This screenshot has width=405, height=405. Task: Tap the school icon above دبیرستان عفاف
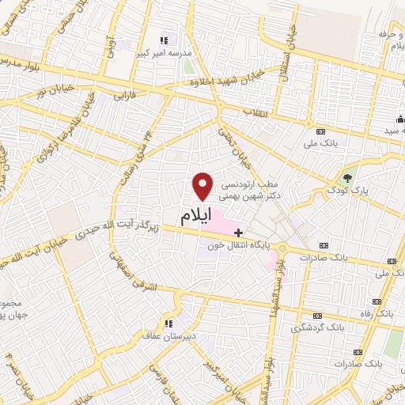tap(168, 323)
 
